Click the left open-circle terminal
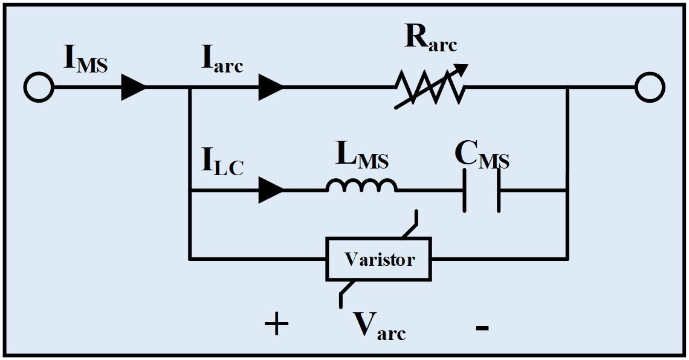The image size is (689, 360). [39, 88]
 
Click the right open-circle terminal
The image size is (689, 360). [650, 88]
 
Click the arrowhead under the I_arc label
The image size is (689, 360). [271, 88]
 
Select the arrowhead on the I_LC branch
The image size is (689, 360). [271, 191]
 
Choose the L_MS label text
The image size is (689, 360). [361, 158]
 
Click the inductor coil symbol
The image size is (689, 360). [362, 187]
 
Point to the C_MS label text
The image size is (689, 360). [482, 156]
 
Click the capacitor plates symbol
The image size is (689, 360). [482, 191]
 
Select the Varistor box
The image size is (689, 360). [379, 259]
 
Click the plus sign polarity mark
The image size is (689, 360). [276, 325]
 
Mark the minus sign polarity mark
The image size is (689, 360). [482, 327]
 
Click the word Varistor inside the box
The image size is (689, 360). [379, 260]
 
